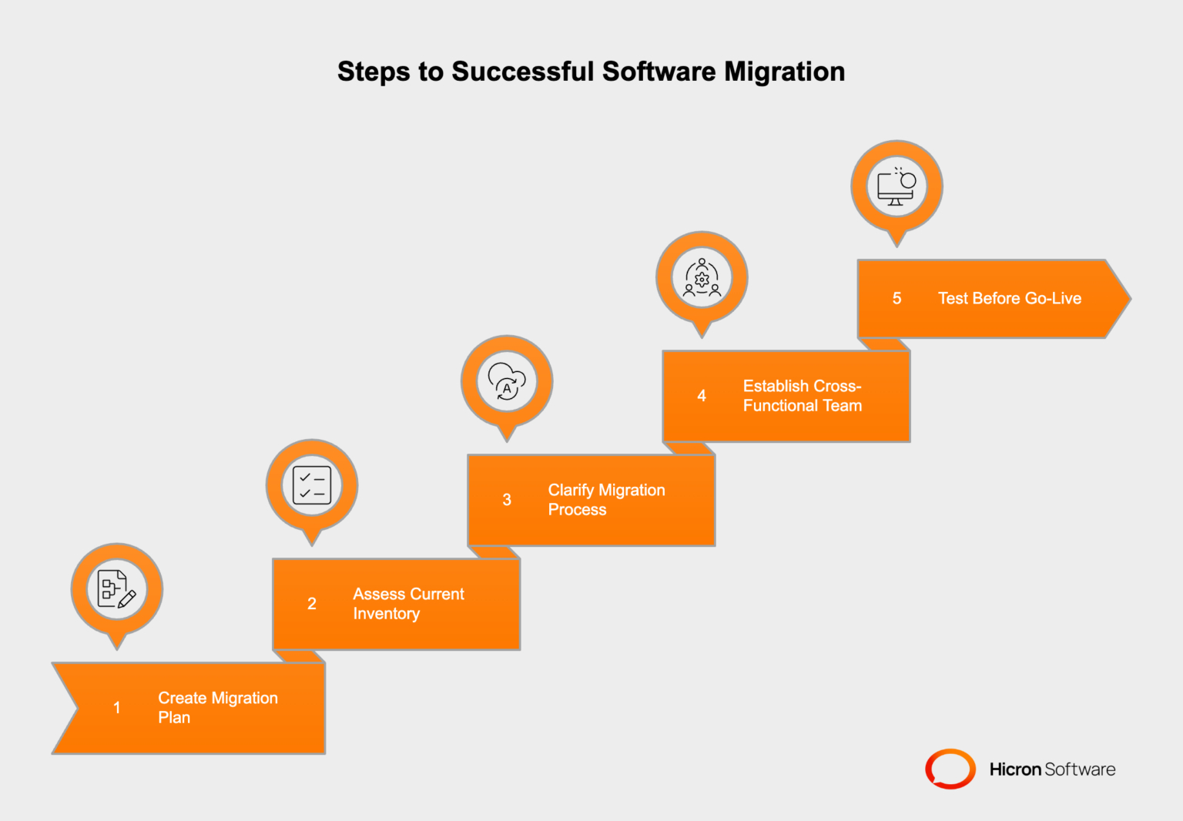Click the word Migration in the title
(x=784, y=72)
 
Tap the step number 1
(x=117, y=708)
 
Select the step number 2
(x=312, y=604)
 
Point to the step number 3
(x=507, y=500)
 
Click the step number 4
(x=702, y=396)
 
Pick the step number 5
(x=896, y=299)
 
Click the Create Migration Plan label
(x=218, y=708)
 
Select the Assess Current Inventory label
(x=408, y=604)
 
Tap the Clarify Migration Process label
(x=606, y=500)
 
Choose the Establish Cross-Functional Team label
(x=802, y=396)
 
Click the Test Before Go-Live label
(x=1009, y=299)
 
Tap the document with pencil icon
(x=117, y=589)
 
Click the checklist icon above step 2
(x=312, y=485)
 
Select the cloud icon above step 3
(x=507, y=381)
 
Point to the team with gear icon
(x=702, y=277)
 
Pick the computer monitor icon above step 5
(x=896, y=186)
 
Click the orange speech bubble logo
(x=950, y=769)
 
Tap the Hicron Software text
(x=1052, y=769)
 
